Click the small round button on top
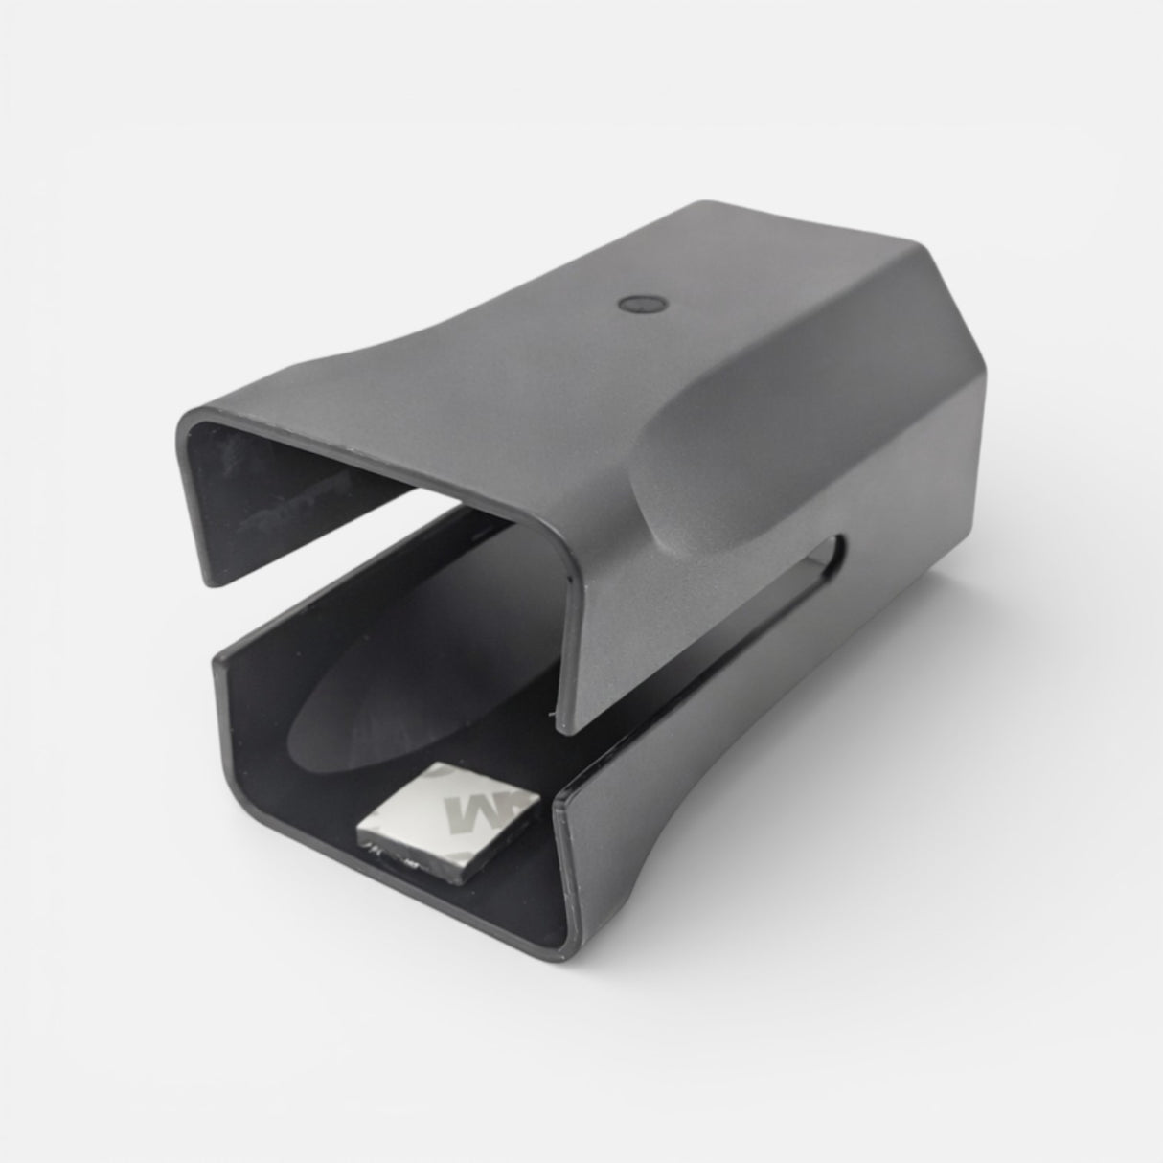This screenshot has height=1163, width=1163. point(634,305)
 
